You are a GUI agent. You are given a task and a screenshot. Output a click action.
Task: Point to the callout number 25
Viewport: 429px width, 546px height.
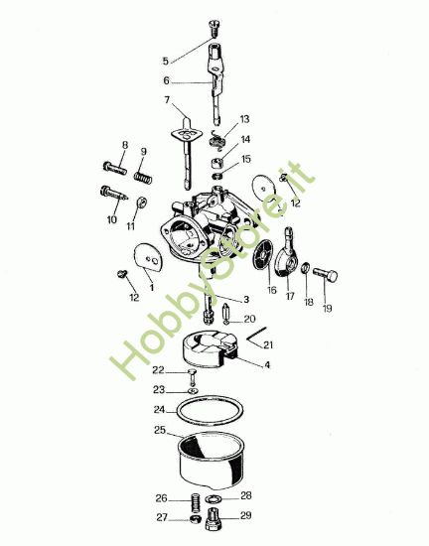(160, 430)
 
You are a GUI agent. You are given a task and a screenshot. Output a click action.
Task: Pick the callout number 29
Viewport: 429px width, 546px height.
(246, 516)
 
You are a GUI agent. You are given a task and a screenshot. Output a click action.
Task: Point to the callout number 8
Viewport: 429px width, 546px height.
(125, 146)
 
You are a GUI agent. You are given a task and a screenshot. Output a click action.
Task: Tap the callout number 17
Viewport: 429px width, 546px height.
(291, 296)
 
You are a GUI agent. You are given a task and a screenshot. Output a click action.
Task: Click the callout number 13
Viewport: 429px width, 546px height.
(244, 120)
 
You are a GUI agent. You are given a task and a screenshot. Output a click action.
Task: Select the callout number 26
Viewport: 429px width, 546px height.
(161, 497)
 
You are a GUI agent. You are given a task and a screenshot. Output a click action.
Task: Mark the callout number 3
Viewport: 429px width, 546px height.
(246, 299)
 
